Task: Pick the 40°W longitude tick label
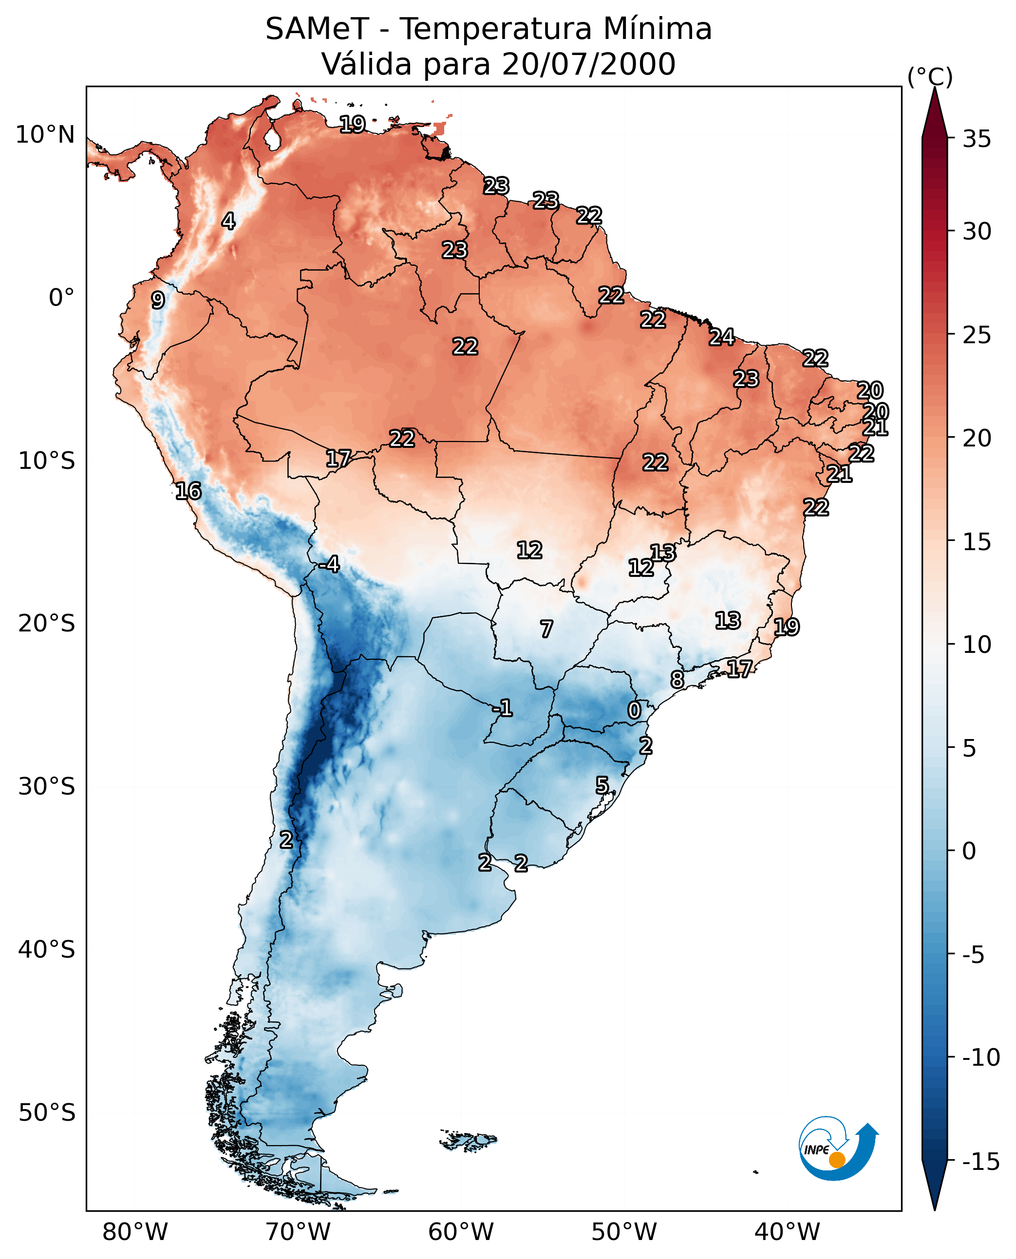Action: tap(787, 1232)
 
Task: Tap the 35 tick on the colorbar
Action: tap(977, 139)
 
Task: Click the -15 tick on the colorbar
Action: tap(980, 1162)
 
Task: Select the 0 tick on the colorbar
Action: tap(969, 851)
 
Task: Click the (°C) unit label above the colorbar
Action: tap(930, 76)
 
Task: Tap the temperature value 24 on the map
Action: tap(722, 337)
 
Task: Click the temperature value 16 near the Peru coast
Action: tap(188, 491)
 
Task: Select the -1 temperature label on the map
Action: tap(502, 708)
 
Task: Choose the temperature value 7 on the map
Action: tap(546, 629)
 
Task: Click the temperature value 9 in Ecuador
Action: tap(158, 300)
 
